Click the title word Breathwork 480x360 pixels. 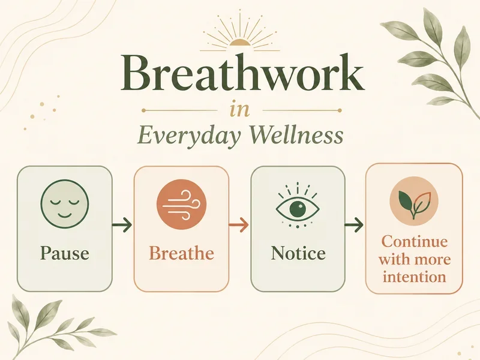click(x=242, y=73)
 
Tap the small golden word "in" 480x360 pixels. click(x=239, y=110)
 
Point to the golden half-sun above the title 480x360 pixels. click(x=240, y=43)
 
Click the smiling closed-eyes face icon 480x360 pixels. click(x=65, y=203)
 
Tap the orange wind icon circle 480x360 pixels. click(x=182, y=204)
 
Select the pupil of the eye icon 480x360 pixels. click(x=298, y=209)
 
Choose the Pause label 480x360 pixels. click(x=65, y=253)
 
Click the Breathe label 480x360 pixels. click(x=182, y=253)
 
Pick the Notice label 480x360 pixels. click(x=298, y=253)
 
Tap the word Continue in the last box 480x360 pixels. click(x=415, y=242)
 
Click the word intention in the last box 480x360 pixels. click(x=415, y=277)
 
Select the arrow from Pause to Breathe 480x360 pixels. click(x=122, y=225)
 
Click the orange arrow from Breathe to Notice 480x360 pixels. click(x=239, y=225)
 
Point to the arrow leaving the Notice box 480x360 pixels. click(x=354, y=225)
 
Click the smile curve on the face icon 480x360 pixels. click(x=65, y=215)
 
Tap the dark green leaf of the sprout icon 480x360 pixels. click(x=406, y=200)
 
